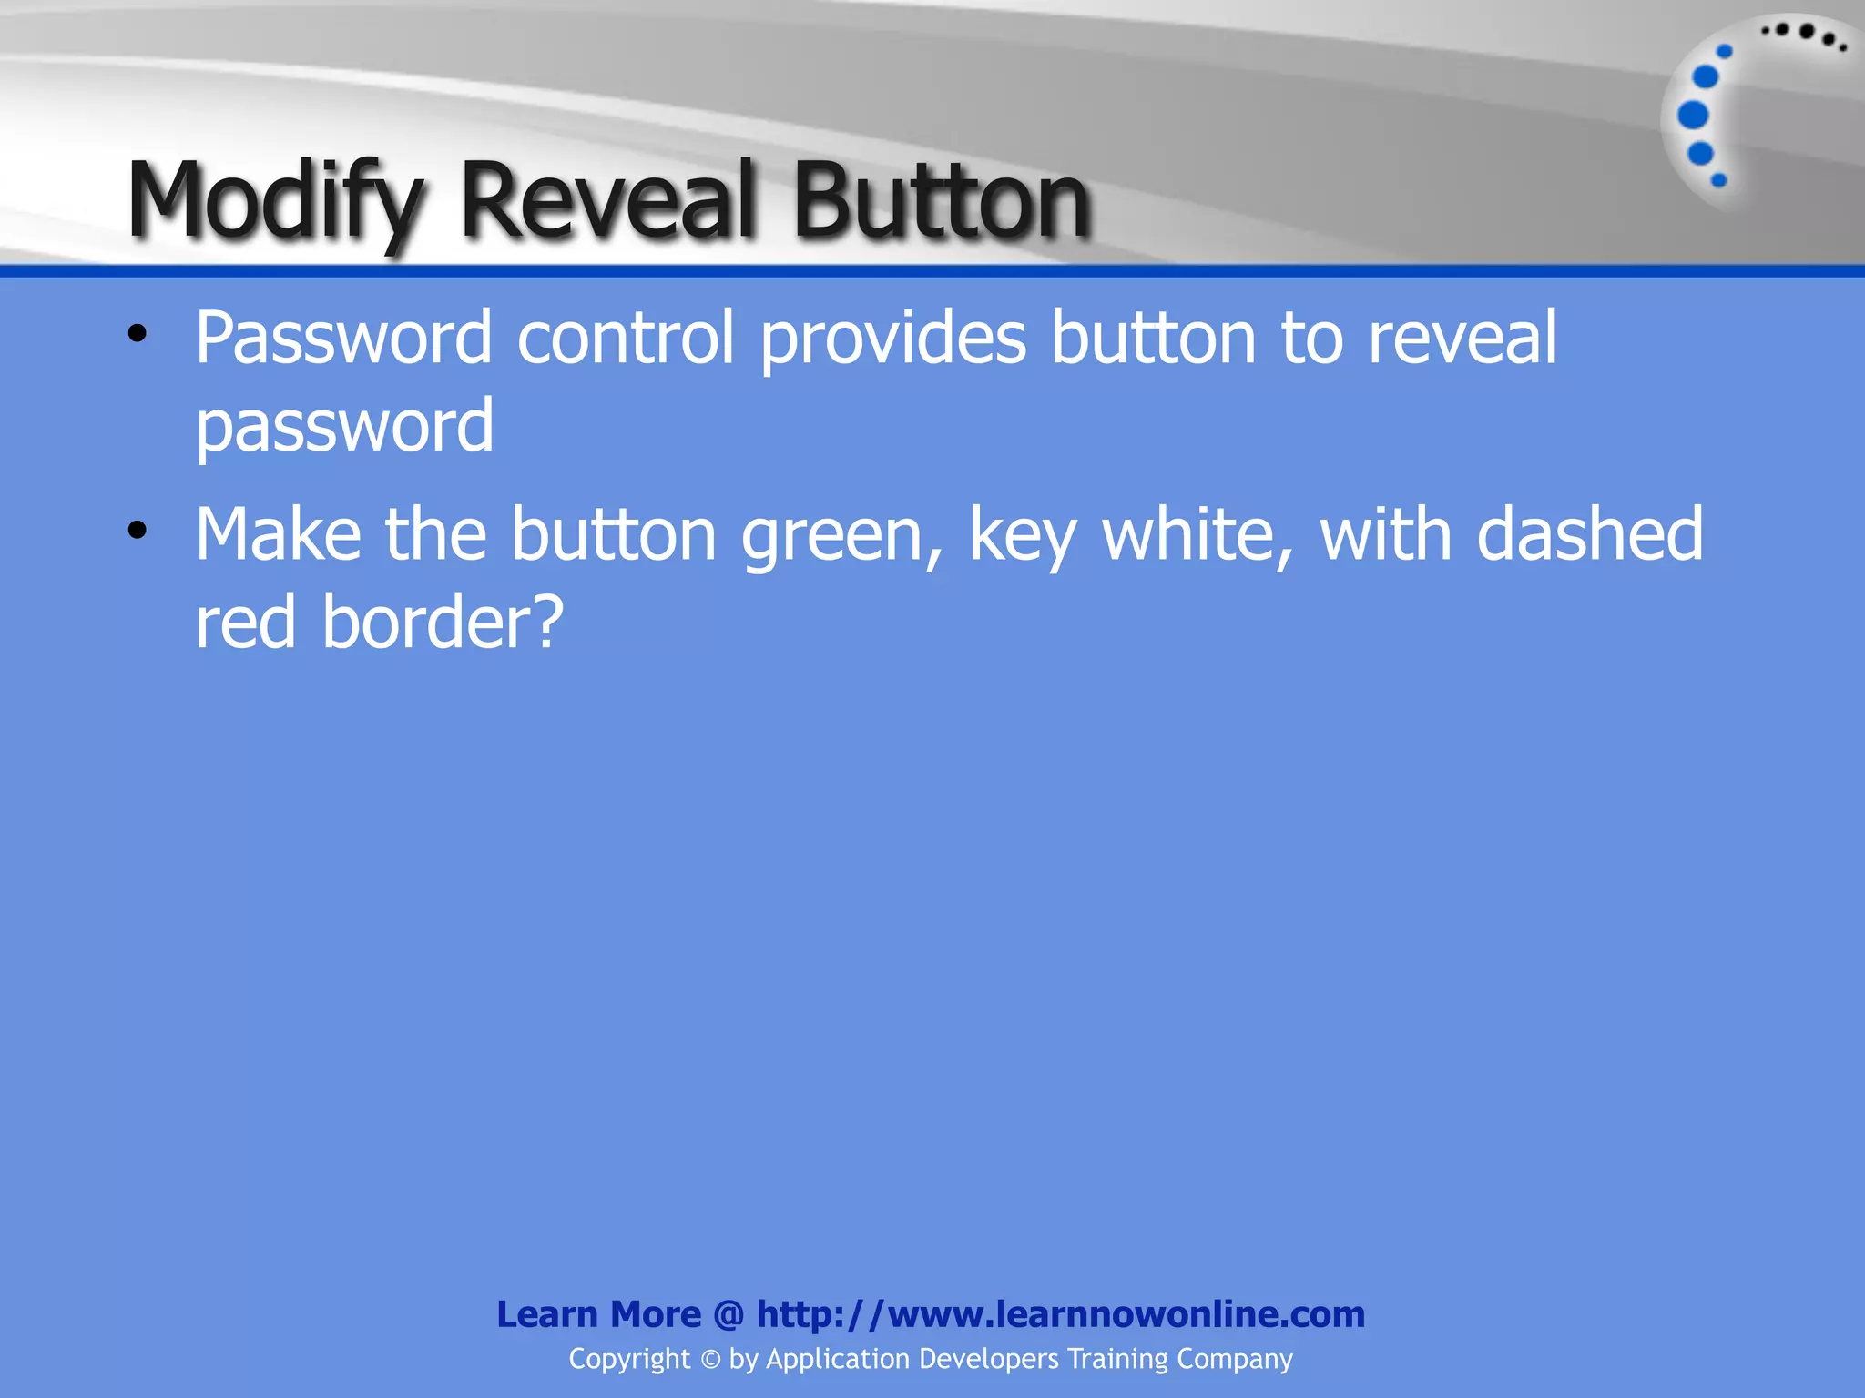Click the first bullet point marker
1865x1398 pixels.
tap(138, 334)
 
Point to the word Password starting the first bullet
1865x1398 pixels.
tap(343, 339)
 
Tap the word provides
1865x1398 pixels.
tap(893, 339)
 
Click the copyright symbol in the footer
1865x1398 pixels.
tap(710, 1359)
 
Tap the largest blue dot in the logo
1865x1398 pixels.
tap(1693, 116)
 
